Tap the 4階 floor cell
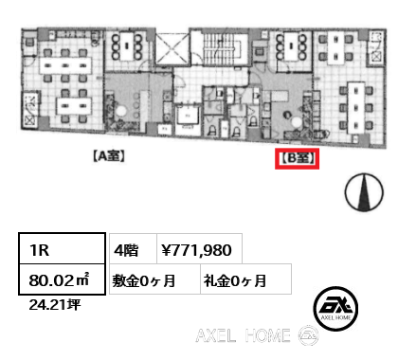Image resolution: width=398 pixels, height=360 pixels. pyautogui.click(x=127, y=250)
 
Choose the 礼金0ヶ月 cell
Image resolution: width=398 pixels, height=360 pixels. pyautogui.click(x=234, y=279)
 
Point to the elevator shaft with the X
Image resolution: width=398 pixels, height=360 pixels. pyautogui.click(x=172, y=48)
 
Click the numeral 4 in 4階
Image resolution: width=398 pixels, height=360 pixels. pyautogui.click(x=120, y=250)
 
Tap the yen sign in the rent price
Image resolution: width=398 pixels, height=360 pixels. pyautogui.click(x=167, y=250)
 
